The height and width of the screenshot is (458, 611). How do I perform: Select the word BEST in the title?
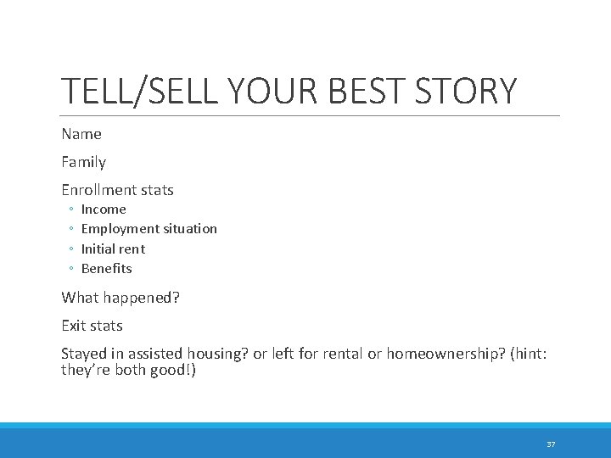pyautogui.click(x=367, y=92)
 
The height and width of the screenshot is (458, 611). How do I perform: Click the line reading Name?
pyautogui.click(x=81, y=134)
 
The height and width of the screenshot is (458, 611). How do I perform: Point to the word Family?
pyautogui.click(x=84, y=162)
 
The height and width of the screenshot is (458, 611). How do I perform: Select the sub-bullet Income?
pyautogui.click(x=104, y=209)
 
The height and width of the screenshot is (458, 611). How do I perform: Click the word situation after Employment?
pyautogui.click(x=188, y=229)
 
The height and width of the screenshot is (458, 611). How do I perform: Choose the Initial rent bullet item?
pyautogui.click(x=113, y=249)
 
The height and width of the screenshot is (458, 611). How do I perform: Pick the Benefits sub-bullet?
pyautogui.click(x=107, y=269)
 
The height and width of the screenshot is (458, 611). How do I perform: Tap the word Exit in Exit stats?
pyautogui.click(x=74, y=326)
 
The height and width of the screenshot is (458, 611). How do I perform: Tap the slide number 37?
pyautogui.click(x=551, y=444)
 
